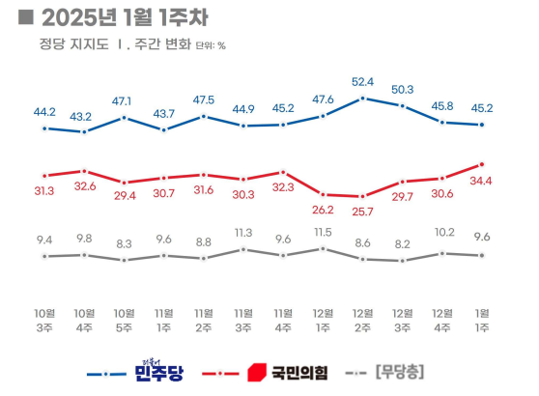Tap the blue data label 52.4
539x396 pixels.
click(363, 81)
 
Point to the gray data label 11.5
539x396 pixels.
click(323, 232)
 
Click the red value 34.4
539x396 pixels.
click(481, 181)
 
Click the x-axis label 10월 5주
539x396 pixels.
click(125, 321)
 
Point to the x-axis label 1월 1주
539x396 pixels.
click(480, 321)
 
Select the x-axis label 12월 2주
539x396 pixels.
click(362, 321)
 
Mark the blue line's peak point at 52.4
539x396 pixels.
click(362, 98)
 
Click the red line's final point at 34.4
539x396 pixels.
click(481, 164)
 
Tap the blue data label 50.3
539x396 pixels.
click(402, 89)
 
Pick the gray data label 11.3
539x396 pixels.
click(243, 233)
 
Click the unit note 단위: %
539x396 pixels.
click(211, 45)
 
